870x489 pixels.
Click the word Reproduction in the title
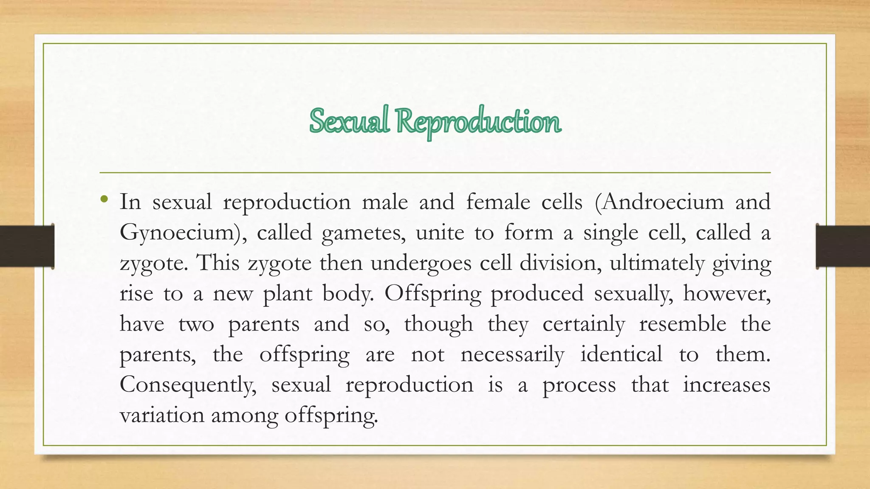tap(479, 122)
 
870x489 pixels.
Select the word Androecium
tap(660, 202)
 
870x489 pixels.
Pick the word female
tap(498, 202)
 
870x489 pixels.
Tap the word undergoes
tap(421, 263)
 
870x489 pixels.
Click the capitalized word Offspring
tap(432, 294)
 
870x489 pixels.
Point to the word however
tap(726, 294)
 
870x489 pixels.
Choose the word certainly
tap(584, 324)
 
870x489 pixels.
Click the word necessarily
tap(512, 355)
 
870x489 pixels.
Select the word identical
tap(621, 355)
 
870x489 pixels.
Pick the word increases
tap(726, 385)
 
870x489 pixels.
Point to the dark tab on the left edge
tap(27, 246)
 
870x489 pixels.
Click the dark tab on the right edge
tap(843, 246)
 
